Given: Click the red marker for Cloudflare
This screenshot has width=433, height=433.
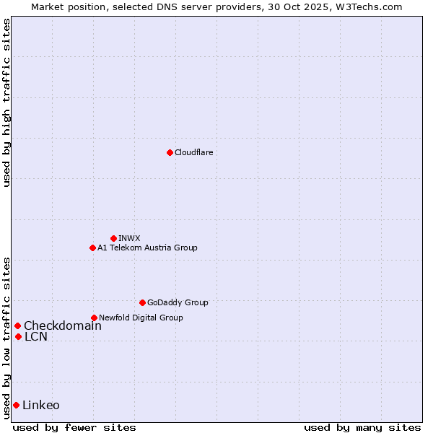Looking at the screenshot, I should pos(170,152).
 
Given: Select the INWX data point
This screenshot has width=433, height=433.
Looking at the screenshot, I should pos(113,238).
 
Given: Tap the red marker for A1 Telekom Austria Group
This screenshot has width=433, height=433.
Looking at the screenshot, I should pos(92,248).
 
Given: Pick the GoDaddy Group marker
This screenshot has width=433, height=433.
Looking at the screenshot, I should pos(142,302).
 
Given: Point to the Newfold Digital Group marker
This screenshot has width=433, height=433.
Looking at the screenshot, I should pos(94,318).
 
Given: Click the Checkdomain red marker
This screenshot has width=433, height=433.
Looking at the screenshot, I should pos(17,325).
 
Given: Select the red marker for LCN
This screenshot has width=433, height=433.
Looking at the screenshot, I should pos(18,336).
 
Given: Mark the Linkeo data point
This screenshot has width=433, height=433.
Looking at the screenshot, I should pos(16,405).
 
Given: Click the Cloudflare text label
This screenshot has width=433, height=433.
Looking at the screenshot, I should pos(193,152).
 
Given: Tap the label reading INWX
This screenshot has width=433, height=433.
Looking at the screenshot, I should pos(129,238).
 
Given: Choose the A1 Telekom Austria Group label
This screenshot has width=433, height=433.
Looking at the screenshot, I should pos(147,248).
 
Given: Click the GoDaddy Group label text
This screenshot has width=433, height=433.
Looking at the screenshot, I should pos(178,302).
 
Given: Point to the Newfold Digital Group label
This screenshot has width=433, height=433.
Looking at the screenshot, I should pos(141,318).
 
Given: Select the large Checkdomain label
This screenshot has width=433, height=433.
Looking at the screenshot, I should pos(63,325).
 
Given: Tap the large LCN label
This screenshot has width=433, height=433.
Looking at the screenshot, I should pos(36,336).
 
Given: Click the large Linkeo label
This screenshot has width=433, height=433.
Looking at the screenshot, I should pos(41,405).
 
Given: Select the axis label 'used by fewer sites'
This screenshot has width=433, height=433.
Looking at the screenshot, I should pos(74,427).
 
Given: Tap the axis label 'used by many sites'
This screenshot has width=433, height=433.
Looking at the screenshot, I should pos(362,427).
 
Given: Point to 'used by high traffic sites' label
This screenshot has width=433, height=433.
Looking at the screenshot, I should pos(6,102).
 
